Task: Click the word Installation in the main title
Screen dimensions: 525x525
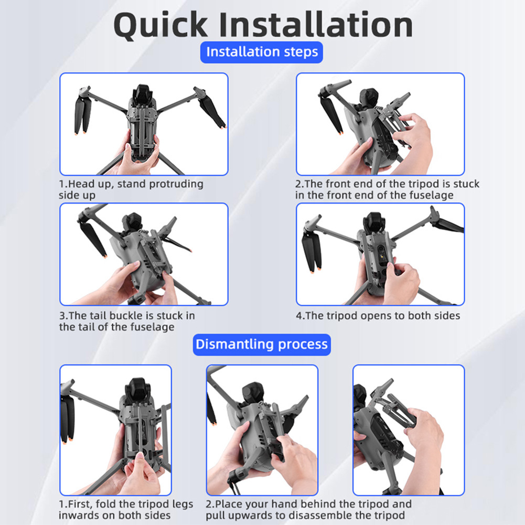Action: tap(316, 24)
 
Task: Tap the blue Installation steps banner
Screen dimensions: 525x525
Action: tap(262, 52)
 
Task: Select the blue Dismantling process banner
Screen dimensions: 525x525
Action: tap(262, 345)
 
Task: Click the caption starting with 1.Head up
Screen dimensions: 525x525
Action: tap(131, 189)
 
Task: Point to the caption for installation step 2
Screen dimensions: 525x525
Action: tap(387, 189)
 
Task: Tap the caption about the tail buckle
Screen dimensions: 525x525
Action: tap(127, 321)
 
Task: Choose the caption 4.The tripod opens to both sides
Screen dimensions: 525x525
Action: tap(378, 316)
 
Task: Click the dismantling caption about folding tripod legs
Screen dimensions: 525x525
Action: tap(126, 509)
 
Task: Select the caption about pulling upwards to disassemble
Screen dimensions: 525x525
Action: tap(308, 509)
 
